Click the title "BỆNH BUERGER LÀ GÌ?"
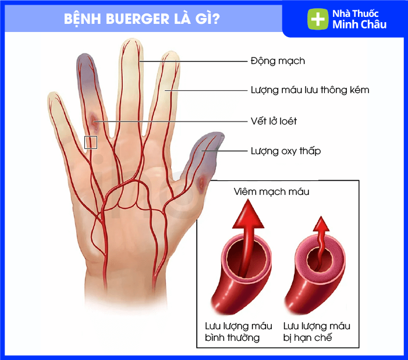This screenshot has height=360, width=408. pos(142,19)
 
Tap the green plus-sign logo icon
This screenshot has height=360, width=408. pos(318,19)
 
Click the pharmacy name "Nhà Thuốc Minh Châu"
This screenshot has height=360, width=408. pos(359,19)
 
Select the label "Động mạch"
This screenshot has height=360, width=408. pos(278,61)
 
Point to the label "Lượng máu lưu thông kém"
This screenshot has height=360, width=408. pos(310,90)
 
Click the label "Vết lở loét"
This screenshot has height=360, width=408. pos(274,121)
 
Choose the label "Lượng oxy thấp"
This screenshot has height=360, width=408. pos(285,151)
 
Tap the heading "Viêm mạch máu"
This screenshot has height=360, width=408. pos(271,191)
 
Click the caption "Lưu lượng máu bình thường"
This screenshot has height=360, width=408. pos(239,332)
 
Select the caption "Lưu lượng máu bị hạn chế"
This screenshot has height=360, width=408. pos(317,332)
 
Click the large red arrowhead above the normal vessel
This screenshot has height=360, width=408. pos(248,214)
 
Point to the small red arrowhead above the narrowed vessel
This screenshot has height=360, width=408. pos(321,224)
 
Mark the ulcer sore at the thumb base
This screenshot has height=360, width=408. pos(201,183)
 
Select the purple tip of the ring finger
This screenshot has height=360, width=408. pos(86,69)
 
